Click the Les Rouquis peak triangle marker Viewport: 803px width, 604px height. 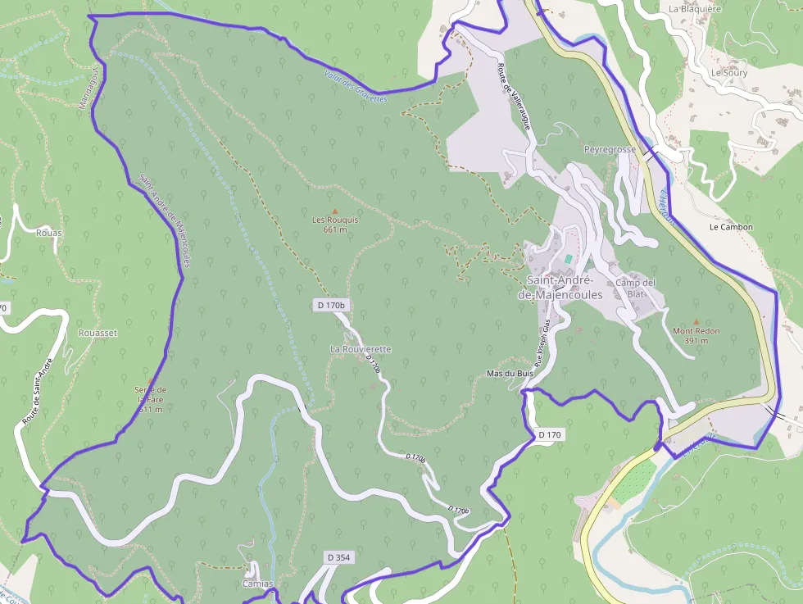click(334, 211)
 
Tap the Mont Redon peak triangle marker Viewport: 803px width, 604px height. click(696, 322)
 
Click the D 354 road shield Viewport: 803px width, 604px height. click(338, 557)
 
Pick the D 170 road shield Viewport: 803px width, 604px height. click(550, 434)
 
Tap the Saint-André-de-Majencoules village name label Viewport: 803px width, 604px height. click(565, 288)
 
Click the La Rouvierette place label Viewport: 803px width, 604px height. click(361, 349)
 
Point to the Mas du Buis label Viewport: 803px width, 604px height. click(510, 374)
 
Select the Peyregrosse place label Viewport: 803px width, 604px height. click(610, 151)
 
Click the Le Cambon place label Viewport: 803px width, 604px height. click(731, 227)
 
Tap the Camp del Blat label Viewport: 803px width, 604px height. click(636, 288)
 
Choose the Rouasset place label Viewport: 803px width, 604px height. click(98, 334)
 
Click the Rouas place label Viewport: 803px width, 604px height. click(49, 233)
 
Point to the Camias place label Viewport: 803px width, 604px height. click(256, 584)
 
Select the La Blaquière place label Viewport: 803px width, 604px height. click(694, 9)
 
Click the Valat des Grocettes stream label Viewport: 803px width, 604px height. click(354, 85)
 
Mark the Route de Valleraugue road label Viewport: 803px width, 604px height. click(515, 97)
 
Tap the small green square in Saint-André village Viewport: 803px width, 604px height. click(569, 259)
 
